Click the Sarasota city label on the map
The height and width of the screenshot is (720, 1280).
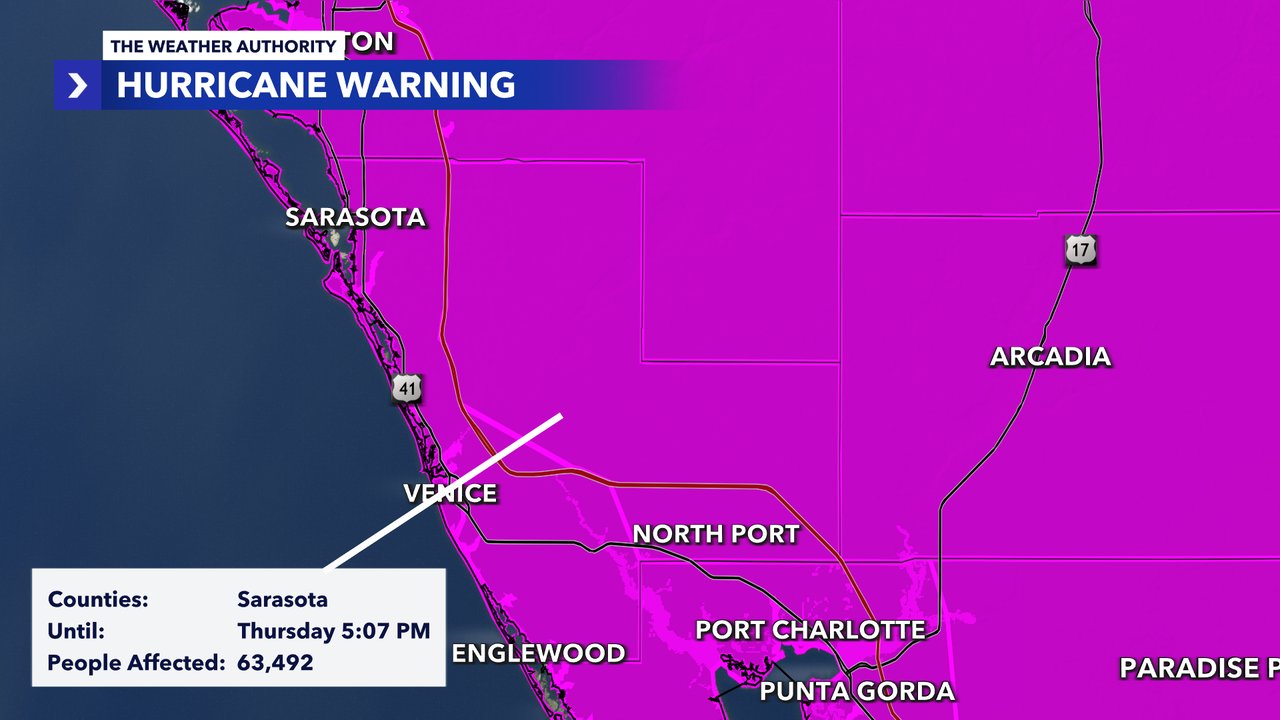point(355,217)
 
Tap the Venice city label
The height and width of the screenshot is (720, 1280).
point(450,493)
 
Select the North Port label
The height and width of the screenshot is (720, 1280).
point(716,534)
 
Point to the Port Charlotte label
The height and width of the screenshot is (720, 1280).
point(810,630)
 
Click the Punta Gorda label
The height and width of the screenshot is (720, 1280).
point(857,691)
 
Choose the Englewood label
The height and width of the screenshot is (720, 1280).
point(539,654)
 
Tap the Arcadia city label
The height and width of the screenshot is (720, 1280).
point(1050,357)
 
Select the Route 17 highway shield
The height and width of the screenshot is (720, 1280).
point(1081,250)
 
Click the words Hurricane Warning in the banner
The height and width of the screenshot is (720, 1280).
point(316,85)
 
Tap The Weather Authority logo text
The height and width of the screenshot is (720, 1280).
point(222,46)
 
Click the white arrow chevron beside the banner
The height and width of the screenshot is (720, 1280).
point(78,86)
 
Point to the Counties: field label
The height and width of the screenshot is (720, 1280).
point(98,600)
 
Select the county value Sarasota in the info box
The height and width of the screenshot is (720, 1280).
point(282,600)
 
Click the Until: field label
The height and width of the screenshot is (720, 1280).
point(76,631)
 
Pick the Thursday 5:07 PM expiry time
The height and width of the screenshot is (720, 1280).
point(333,631)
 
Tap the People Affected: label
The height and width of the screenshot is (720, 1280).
point(135,662)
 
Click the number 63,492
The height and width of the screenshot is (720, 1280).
point(275,662)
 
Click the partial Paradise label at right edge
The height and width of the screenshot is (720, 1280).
point(1198,668)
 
